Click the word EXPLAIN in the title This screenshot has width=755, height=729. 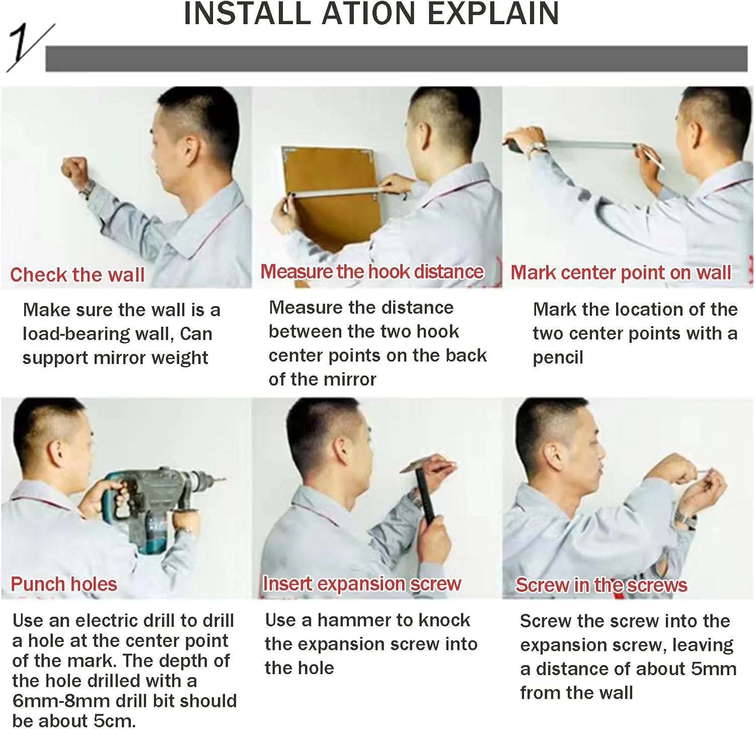click(493, 14)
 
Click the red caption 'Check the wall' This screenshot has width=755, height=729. click(78, 275)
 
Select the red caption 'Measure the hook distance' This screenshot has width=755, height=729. click(372, 272)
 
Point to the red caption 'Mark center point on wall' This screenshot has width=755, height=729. click(621, 272)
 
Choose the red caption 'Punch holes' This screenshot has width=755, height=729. click(64, 584)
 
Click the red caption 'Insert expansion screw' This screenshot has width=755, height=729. click(362, 584)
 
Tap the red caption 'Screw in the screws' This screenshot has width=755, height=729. click(601, 585)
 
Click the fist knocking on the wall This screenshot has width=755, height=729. click(74, 171)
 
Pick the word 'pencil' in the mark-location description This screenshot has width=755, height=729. click(558, 357)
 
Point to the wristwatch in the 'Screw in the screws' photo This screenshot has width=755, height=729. click(685, 519)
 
